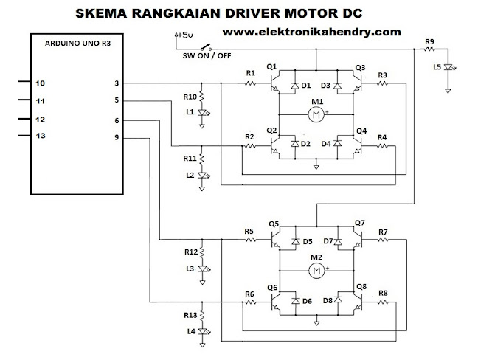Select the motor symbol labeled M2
(x=316, y=271)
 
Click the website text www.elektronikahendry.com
(x=311, y=32)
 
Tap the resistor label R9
(x=429, y=41)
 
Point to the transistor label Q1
(x=271, y=68)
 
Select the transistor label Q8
(x=361, y=287)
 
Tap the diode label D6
(x=307, y=301)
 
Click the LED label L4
(x=190, y=330)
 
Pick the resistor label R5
(x=249, y=232)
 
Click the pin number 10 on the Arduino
(x=41, y=83)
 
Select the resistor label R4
(x=381, y=137)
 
